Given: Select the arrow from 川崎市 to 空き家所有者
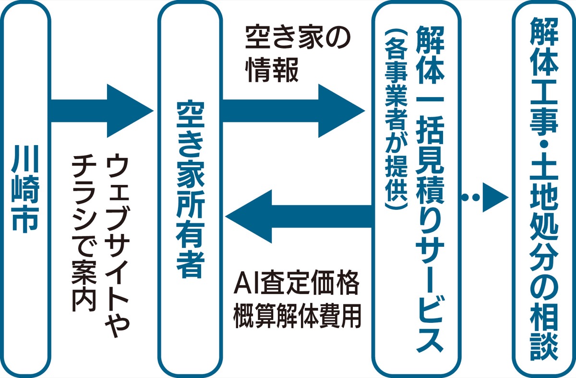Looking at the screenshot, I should (x=101, y=111).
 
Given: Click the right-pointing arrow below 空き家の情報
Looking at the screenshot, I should (x=293, y=111).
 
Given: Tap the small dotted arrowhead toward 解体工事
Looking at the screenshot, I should (x=494, y=197).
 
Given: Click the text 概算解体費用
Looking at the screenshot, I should (x=297, y=317).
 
